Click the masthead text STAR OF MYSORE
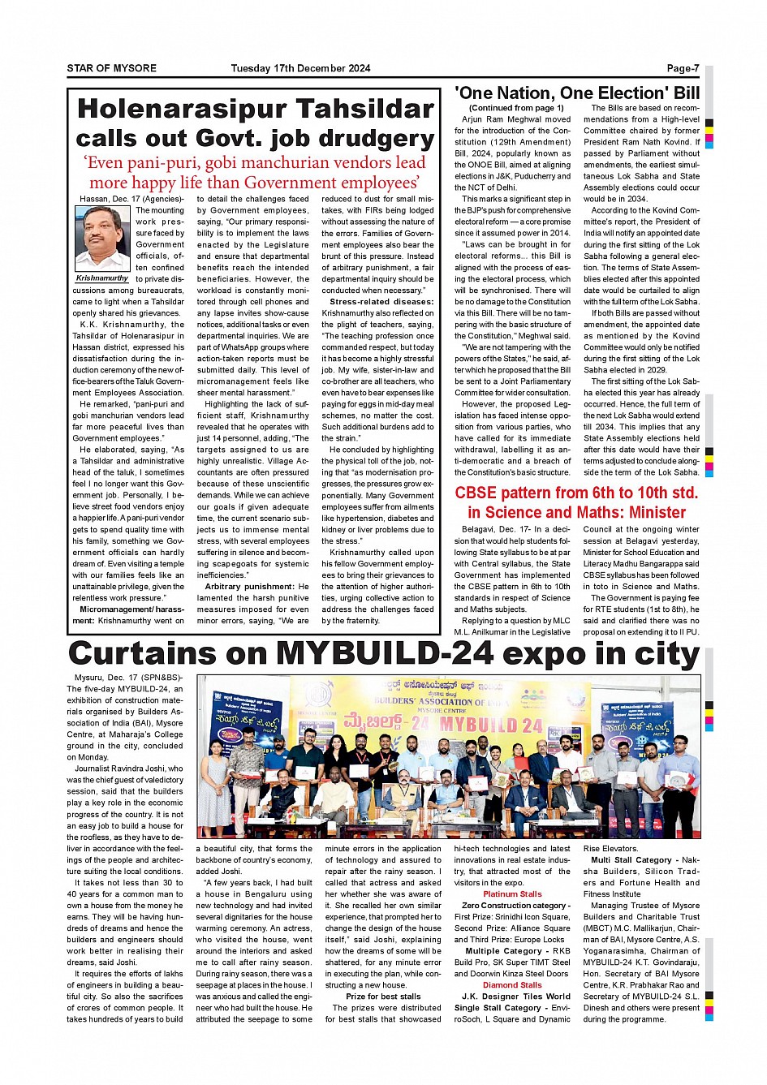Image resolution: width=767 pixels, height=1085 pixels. pos(111,68)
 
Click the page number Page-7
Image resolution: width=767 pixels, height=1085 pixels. pos(683,68)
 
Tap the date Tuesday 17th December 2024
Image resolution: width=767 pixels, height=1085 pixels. pos(300,68)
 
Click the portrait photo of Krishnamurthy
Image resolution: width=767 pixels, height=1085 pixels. pos(102,238)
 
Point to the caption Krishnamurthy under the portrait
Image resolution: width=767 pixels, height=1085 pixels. pos(102,278)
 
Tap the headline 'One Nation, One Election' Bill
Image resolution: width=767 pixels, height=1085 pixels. pos(577,93)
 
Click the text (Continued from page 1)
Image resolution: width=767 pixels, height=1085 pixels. pos(516,108)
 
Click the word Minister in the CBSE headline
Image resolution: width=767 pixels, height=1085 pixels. pos(650,512)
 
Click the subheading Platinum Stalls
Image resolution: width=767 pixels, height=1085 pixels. pos(512,894)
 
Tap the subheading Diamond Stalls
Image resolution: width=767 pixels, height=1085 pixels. pos(512,985)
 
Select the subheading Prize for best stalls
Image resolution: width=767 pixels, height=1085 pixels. pos(383,997)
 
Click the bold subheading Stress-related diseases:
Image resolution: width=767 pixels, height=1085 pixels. pos(381,302)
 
